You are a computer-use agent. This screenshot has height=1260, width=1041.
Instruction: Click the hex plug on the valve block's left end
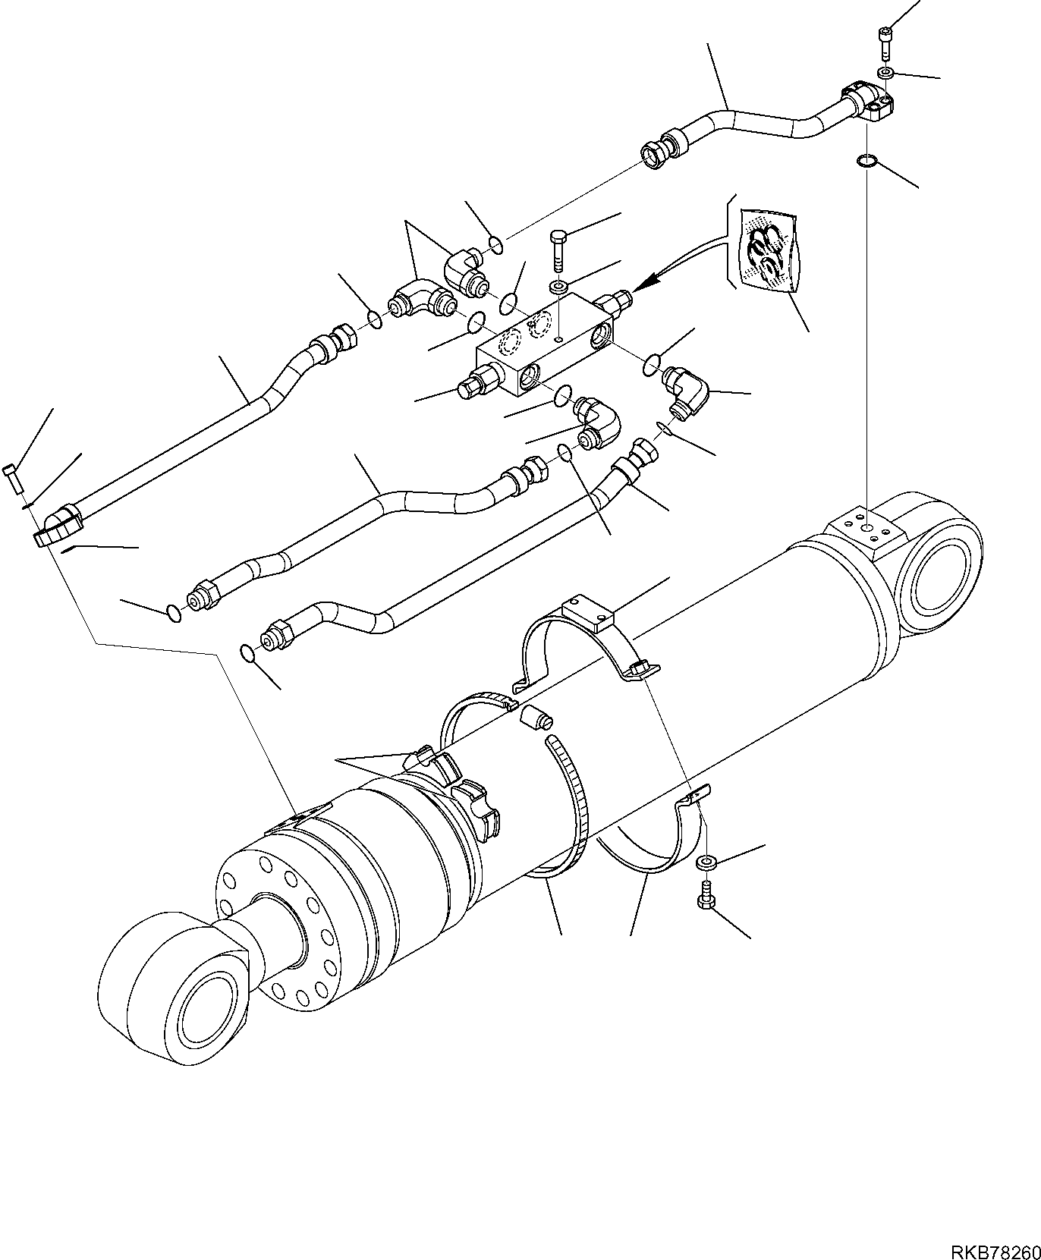coord(474,381)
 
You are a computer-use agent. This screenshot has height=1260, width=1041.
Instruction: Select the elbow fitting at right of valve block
coord(687,388)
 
